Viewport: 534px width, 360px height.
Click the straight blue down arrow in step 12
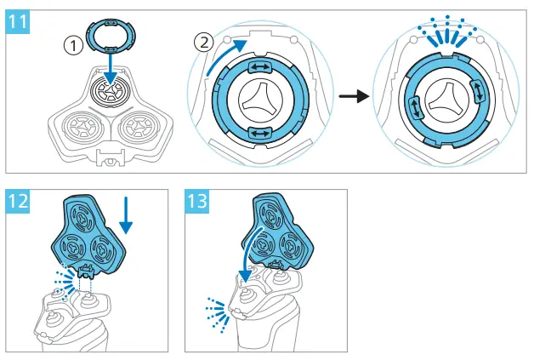coord(127,215)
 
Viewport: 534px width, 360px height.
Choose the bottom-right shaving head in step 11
coord(140,127)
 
